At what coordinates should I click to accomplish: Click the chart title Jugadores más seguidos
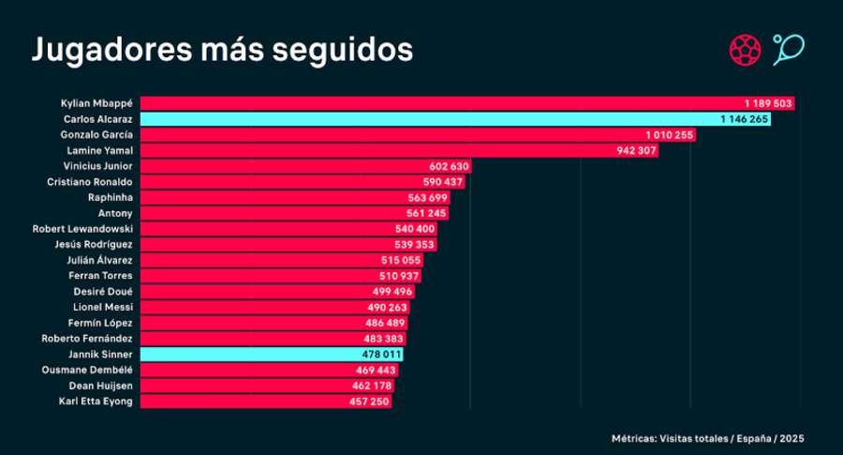tap(222, 50)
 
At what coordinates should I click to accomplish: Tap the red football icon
tap(744, 49)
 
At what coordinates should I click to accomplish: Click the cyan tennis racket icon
tap(789, 49)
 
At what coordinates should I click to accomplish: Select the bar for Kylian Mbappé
tap(440, 103)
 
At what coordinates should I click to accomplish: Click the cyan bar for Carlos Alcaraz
tap(431, 119)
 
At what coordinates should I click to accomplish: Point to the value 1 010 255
tap(670, 135)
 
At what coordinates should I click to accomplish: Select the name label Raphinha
tap(110, 198)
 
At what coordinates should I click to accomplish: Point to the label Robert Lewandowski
tap(82, 229)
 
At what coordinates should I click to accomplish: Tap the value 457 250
tap(368, 402)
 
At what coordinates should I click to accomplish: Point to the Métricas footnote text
tap(708, 437)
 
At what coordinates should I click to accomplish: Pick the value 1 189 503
tap(768, 103)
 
